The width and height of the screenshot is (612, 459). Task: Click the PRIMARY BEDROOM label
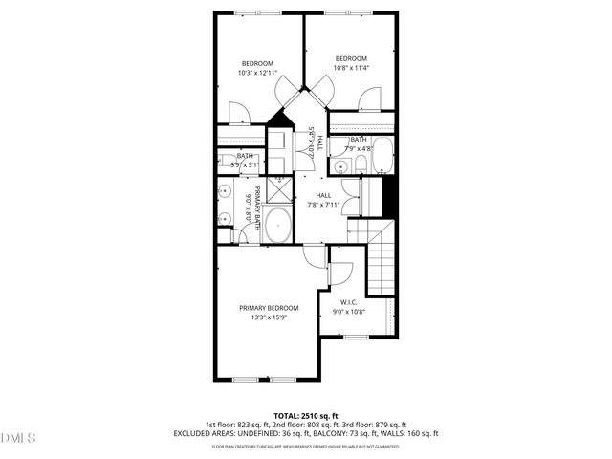pos(269,308)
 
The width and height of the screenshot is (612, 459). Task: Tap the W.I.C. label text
pos(348,302)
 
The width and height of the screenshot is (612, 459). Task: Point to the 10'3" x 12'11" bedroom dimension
pos(257,73)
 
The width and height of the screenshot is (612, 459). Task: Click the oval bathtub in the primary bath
pos(279,227)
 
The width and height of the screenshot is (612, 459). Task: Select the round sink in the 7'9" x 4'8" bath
pos(341,165)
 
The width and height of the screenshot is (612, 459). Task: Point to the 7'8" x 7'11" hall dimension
pos(323,204)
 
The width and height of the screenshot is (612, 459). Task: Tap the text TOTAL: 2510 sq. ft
pos(306,416)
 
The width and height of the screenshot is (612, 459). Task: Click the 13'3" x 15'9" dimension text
pos(269,317)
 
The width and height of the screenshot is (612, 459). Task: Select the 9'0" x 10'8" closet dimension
pos(348,312)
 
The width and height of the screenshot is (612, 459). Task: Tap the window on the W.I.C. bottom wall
pos(356,337)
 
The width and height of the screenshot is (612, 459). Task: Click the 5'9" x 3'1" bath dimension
pos(245,164)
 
